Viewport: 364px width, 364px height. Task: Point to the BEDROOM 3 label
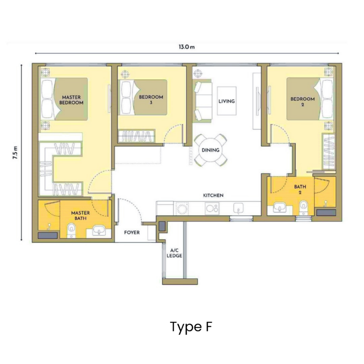click(x=151, y=100)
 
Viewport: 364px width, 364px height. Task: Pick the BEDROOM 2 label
click(x=302, y=102)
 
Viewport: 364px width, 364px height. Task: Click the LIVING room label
click(x=227, y=101)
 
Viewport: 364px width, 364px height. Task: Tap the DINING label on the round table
click(x=210, y=150)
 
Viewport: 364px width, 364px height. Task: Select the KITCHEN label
click(x=213, y=195)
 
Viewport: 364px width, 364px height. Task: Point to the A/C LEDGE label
click(x=174, y=253)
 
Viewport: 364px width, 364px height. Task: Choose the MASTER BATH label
click(x=81, y=216)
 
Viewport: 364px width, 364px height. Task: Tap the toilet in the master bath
click(x=72, y=230)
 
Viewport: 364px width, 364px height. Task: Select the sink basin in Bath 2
click(x=280, y=208)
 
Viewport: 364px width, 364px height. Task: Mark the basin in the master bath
click(x=99, y=231)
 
